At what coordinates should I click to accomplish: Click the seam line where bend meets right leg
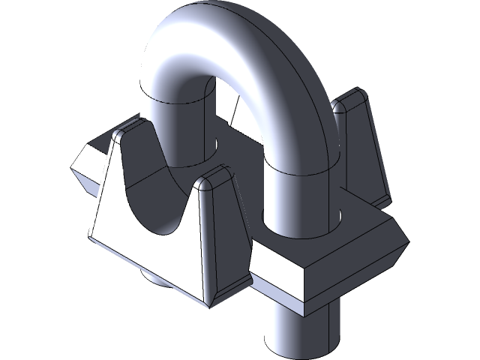pyautogui.click(x=300, y=171)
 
